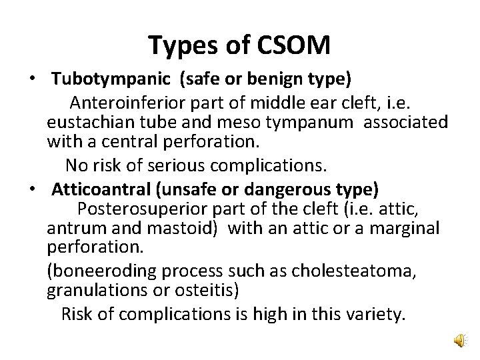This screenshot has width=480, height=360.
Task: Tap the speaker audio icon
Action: [459, 342]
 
